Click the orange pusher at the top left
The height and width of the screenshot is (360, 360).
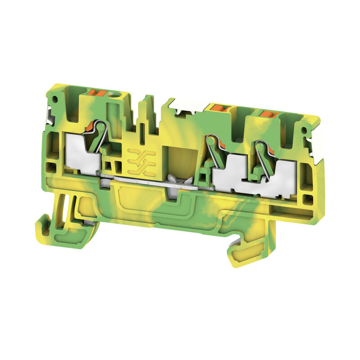coord(100,94)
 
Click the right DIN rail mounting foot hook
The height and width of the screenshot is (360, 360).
coord(243,252)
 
